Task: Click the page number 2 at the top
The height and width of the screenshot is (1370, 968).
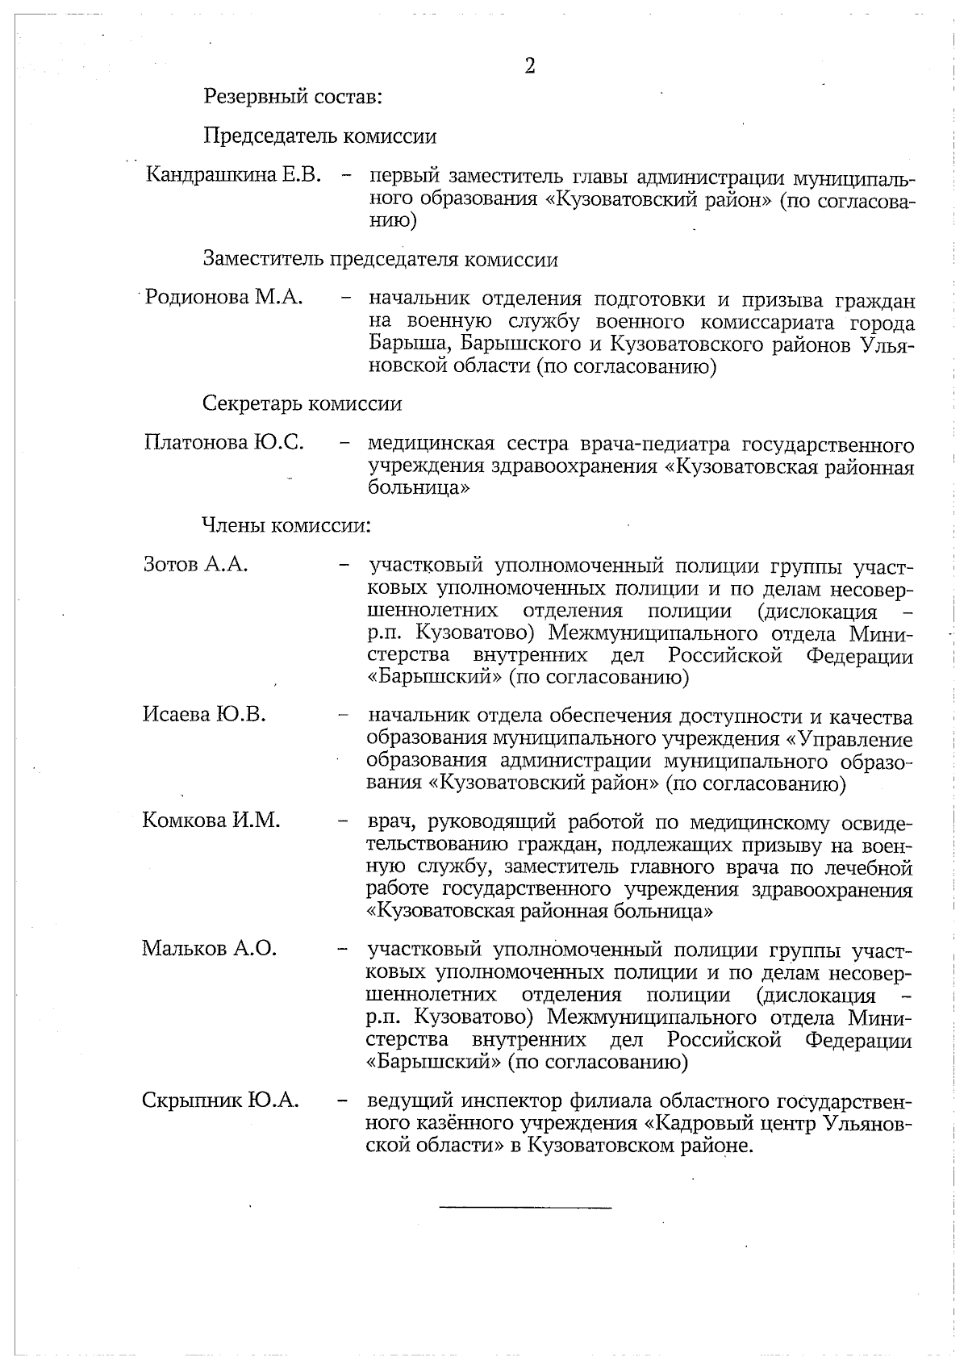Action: point(530,66)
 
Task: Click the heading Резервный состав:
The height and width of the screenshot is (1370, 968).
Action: point(292,98)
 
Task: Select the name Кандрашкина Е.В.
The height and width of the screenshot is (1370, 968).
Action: point(234,175)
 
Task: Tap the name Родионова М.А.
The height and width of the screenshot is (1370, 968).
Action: point(223,298)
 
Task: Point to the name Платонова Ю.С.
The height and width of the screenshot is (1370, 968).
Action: point(223,442)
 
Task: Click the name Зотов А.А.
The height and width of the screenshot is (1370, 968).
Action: point(195,564)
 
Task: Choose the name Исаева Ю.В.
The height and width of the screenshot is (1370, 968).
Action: point(204,714)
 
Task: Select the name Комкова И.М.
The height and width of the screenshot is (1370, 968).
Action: point(211,821)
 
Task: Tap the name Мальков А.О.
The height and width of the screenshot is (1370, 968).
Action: point(210,948)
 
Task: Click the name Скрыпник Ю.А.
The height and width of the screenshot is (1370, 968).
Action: point(220,1101)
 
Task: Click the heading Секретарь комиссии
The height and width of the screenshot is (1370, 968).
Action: point(302,403)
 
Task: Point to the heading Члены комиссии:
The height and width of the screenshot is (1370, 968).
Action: point(286,526)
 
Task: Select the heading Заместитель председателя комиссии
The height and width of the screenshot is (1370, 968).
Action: point(380,260)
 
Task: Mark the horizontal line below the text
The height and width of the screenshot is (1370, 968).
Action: point(525,1207)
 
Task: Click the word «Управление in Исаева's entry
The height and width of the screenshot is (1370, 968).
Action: point(849,739)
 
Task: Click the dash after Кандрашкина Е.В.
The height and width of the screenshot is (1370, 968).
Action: point(345,176)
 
